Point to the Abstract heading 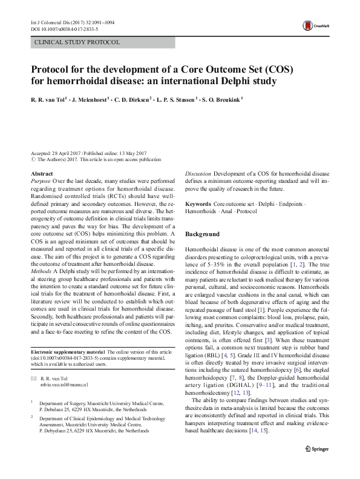41,174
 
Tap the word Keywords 198,205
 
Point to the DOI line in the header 65,28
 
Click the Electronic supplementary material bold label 68,352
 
